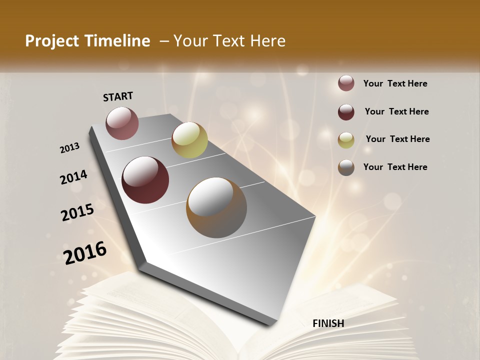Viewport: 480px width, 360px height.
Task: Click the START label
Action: click(x=118, y=96)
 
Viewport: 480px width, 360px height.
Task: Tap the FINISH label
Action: click(x=328, y=323)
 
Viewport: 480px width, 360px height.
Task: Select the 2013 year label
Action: click(x=70, y=147)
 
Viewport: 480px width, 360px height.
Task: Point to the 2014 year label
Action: click(x=74, y=177)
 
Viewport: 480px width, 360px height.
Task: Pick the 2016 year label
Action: click(x=85, y=252)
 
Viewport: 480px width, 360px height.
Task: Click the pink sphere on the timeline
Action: click(x=122, y=123)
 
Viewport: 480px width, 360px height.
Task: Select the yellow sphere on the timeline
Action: click(x=189, y=139)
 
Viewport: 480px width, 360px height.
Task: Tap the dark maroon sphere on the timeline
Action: click(x=145, y=180)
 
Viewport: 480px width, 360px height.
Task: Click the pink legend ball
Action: click(x=346, y=83)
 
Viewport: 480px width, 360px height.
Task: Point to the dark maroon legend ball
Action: click(x=346, y=111)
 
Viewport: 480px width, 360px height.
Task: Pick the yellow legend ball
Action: click(x=346, y=139)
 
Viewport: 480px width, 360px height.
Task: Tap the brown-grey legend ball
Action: click(x=346, y=167)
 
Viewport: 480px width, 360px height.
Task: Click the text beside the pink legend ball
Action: click(x=395, y=83)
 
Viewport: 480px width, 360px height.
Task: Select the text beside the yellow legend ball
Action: click(x=397, y=139)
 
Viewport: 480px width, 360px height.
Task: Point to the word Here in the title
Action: click(x=268, y=41)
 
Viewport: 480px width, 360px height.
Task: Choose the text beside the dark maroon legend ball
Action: click(x=396, y=111)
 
